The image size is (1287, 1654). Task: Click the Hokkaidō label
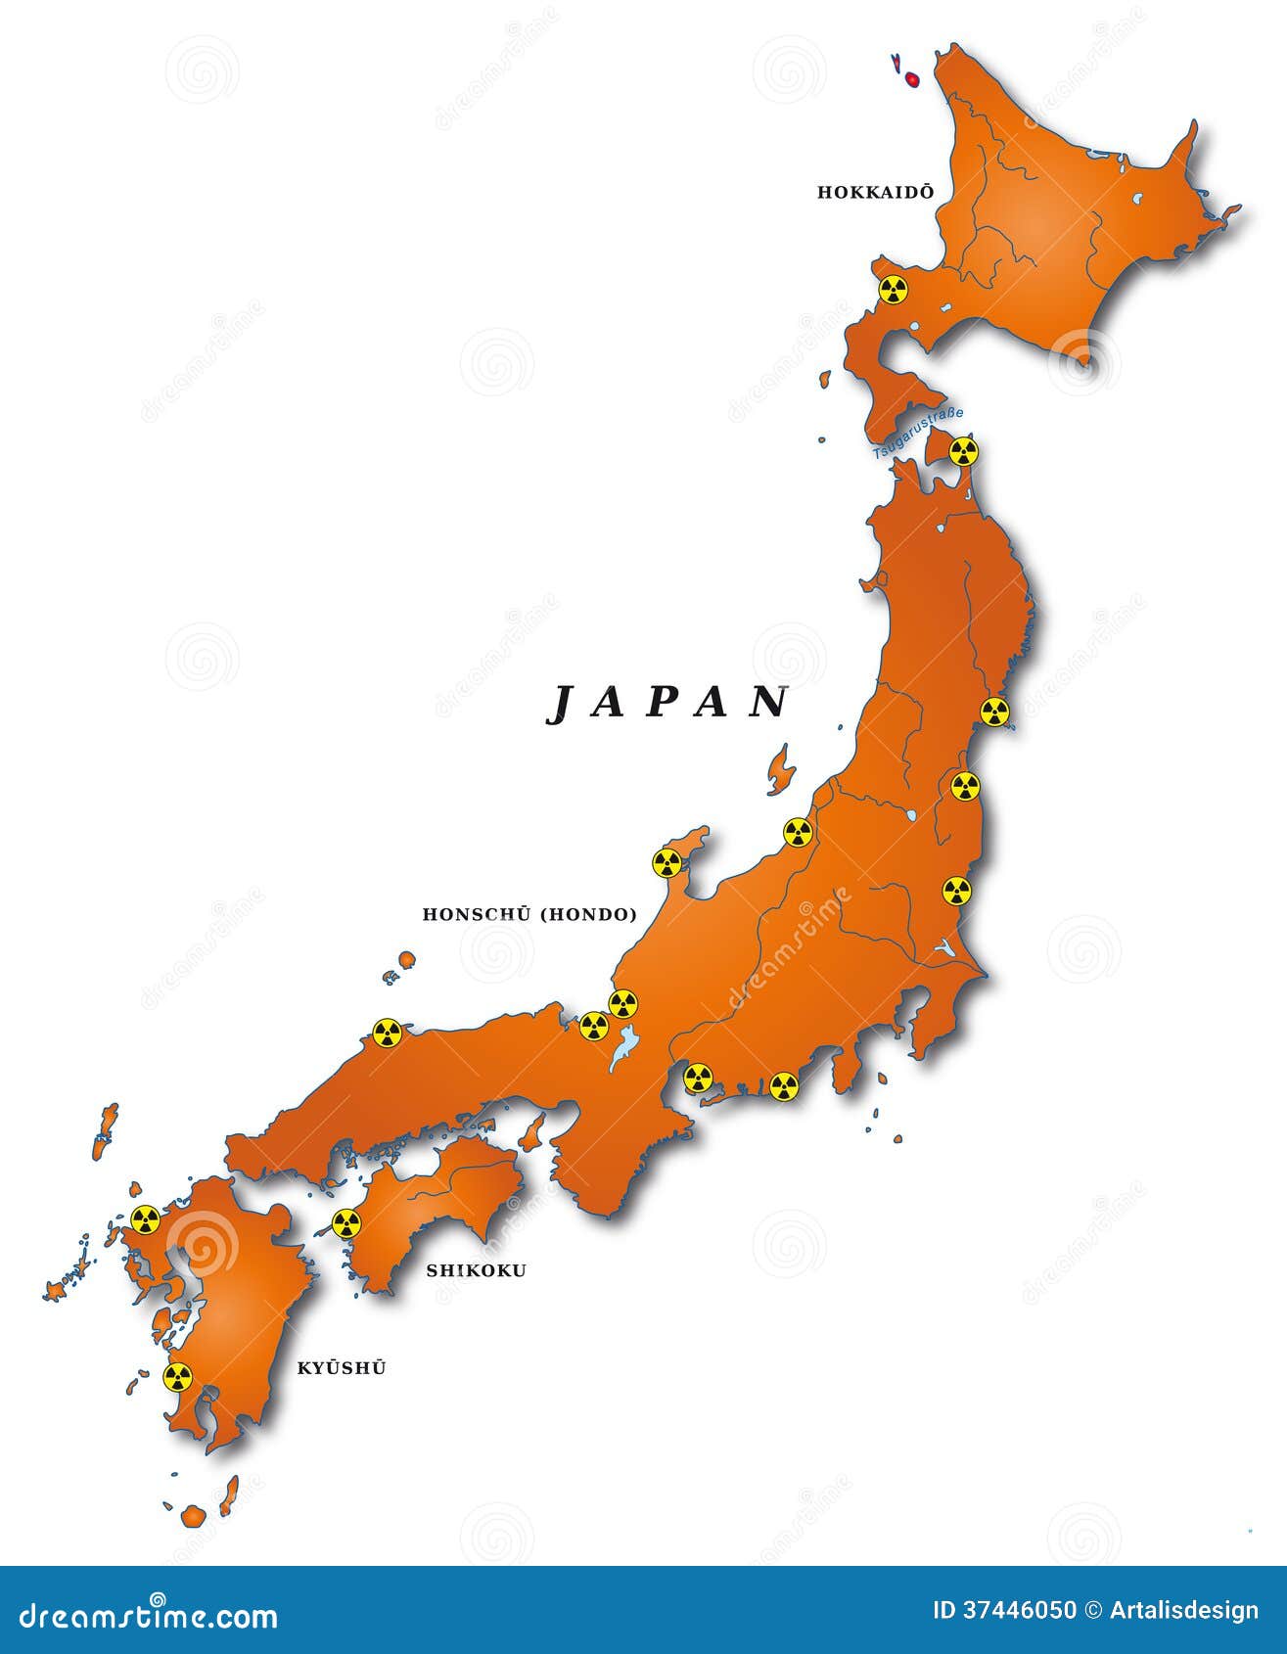click(875, 193)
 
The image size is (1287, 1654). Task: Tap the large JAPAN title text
click(668, 703)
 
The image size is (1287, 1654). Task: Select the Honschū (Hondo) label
click(529, 915)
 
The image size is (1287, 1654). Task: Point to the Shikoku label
click(476, 1270)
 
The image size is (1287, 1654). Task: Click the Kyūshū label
click(341, 1368)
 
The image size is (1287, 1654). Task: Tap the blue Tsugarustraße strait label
click(918, 433)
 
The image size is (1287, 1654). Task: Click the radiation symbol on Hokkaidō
click(892, 290)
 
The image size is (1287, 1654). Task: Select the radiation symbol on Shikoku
click(346, 1223)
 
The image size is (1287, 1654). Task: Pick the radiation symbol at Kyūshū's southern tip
click(177, 1377)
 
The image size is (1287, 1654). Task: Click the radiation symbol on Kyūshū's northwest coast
click(145, 1219)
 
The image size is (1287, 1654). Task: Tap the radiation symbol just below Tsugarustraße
click(964, 451)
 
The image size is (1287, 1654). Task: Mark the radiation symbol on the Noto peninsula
click(667, 863)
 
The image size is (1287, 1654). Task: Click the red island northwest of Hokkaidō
click(911, 78)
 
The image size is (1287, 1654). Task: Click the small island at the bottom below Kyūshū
click(193, 1543)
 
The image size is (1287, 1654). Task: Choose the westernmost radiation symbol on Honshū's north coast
click(387, 1033)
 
